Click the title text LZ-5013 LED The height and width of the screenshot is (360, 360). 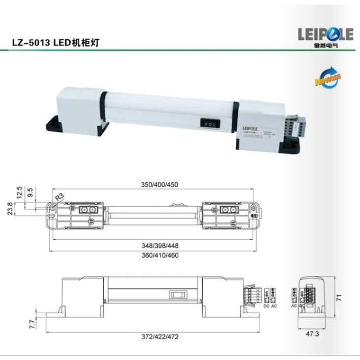(x=41, y=43)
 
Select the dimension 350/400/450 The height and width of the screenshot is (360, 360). (x=159, y=184)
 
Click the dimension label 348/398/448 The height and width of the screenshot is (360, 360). (x=159, y=245)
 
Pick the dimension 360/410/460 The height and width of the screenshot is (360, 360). (x=159, y=256)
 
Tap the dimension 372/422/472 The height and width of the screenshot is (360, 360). (x=159, y=337)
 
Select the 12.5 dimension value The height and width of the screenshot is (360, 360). (x=19, y=191)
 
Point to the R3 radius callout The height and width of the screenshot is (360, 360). (x=59, y=196)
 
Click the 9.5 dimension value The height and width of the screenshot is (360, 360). (x=30, y=192)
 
